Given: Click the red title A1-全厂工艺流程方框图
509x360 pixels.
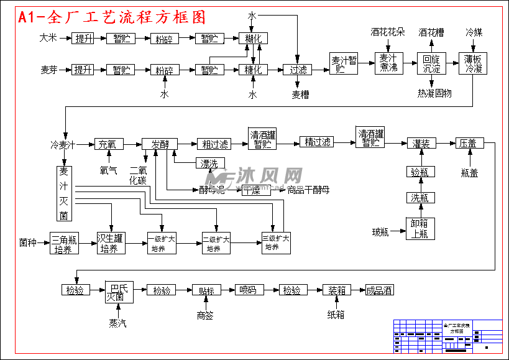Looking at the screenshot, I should (x=112, y=17).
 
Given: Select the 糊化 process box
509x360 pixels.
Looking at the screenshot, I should (x=253, y=39).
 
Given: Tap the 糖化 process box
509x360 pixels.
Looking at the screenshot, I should (x=253, y=70).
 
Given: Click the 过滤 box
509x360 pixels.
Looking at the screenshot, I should (x=298, y=70).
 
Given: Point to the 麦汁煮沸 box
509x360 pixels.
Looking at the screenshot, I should (x=388, y=63).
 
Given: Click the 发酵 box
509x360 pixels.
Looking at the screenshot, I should (x=160, y=144).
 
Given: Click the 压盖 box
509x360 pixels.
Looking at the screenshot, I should (x=468, y=144).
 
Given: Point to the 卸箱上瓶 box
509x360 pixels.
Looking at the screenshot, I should (x=421, y=229).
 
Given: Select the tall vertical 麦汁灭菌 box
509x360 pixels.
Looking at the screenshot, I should (x=63, y=193).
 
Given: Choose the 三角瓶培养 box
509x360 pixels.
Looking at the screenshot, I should (x=64, y=243).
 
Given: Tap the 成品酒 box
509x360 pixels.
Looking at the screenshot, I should (x=379, y=290).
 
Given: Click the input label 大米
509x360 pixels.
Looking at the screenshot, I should (x=48, y=38).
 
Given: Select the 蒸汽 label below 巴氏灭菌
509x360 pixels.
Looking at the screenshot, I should (x=118, y=323).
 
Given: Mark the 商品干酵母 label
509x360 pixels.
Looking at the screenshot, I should (x=308, y=190).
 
